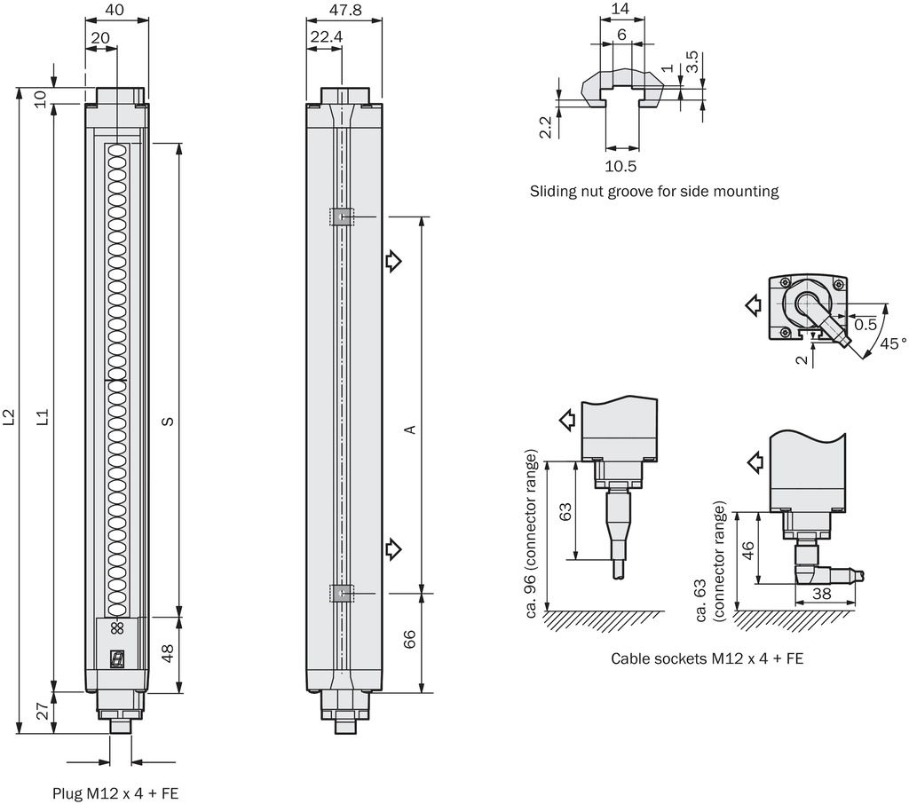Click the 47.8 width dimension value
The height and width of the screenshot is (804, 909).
point(345,10)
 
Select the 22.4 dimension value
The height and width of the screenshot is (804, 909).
point(326,37)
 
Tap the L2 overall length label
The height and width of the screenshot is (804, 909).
point(8,417)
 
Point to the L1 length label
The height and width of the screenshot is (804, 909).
point(43,417)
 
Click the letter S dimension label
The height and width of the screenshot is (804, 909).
point(168,421)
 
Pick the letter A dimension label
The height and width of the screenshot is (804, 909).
point(410,430)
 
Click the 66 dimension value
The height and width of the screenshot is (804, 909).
point(409,639)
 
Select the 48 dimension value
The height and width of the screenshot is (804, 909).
point(167,654)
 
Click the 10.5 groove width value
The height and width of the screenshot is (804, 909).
point(620,166)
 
